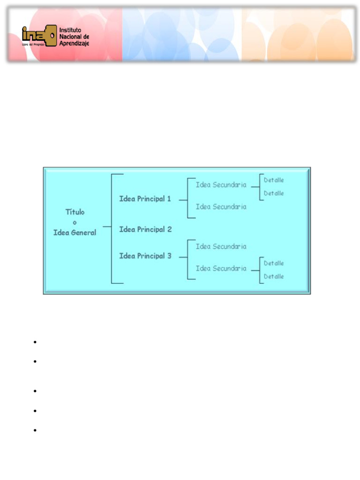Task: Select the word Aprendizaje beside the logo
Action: pos(74,43)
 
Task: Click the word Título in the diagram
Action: pos(75,212)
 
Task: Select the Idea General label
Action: pos(75,232)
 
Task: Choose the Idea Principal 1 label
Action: pos(145,199)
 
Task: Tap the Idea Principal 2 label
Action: pos(145,229)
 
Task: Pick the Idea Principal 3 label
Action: pos(145,256)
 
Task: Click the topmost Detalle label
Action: pos(274,180)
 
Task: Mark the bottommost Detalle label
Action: pos(274,277)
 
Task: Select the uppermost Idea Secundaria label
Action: pos(221,185)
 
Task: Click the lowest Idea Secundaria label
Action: pos(221,269)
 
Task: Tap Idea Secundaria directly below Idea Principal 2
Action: pos(221,247)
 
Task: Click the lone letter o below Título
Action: pos(75,222)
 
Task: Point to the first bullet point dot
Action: pos(35,342)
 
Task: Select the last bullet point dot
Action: pos(35,430)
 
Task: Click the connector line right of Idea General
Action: pos(107,227)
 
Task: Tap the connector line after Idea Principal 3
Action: pos(183,256)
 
